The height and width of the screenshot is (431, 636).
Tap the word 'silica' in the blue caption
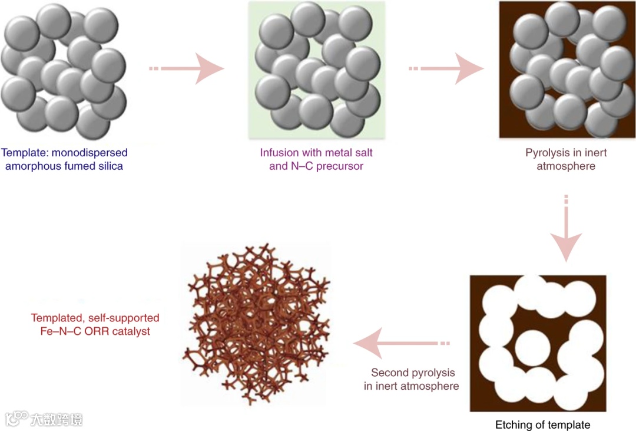tap(109, 166)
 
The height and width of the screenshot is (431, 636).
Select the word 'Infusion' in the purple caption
tap(279, 153)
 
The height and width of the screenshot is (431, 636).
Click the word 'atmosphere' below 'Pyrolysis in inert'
tap(565, 166)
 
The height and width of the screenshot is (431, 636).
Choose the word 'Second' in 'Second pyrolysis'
tap(388, 373)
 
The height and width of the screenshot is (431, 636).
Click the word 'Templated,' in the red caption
tap(55, 318)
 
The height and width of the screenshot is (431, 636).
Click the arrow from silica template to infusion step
tap(188, 69)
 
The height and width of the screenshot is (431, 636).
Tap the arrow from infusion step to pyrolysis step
tap(448, 69)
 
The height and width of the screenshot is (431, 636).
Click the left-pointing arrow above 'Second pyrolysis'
tap(400, 343)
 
